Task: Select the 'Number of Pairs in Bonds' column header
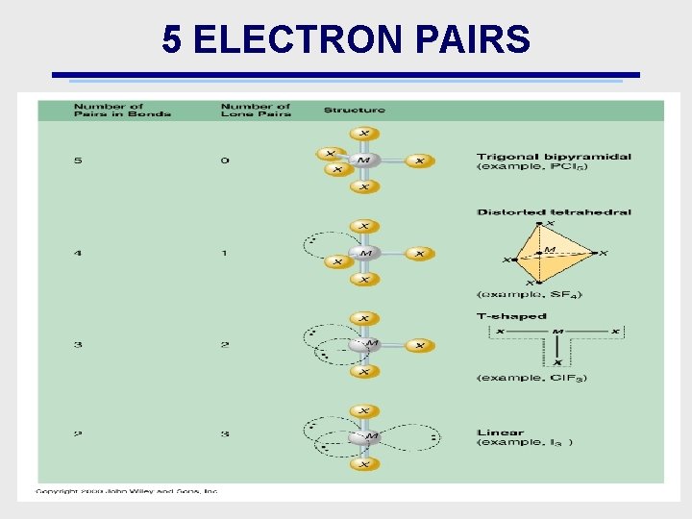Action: point(122,111)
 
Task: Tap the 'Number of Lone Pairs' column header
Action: point(256,111)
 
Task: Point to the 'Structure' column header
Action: point(354,111)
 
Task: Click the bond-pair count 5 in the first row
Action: point(78,161)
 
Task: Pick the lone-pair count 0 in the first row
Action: point(225,161)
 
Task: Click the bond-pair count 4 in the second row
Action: point(78,254)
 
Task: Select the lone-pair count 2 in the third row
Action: point(225,345)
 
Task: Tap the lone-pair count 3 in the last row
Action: point(225,433)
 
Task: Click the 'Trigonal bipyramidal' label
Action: point(554,157)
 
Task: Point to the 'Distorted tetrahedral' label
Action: point(554,212)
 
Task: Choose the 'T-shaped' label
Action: point(511,316)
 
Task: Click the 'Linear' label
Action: point(501,432)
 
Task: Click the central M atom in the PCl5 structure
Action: point(363,161)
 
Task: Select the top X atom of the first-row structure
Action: point(363,134)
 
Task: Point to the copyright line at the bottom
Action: point(127,491)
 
